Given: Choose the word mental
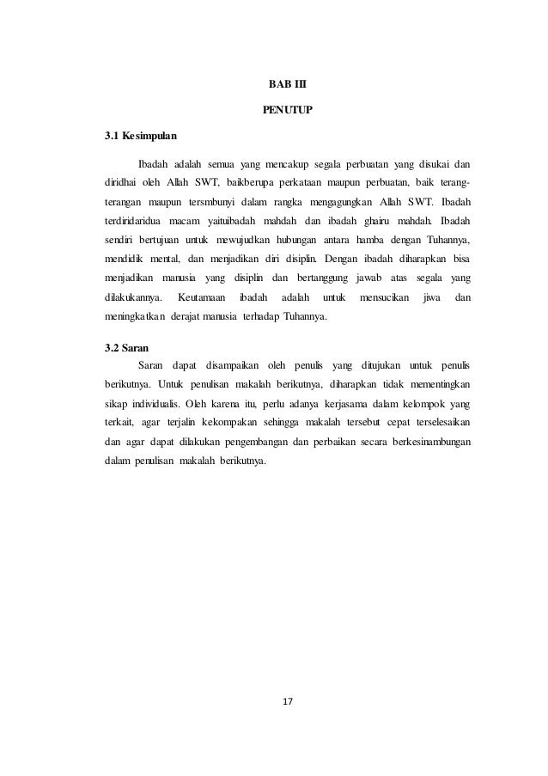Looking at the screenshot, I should click(158, 257).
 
